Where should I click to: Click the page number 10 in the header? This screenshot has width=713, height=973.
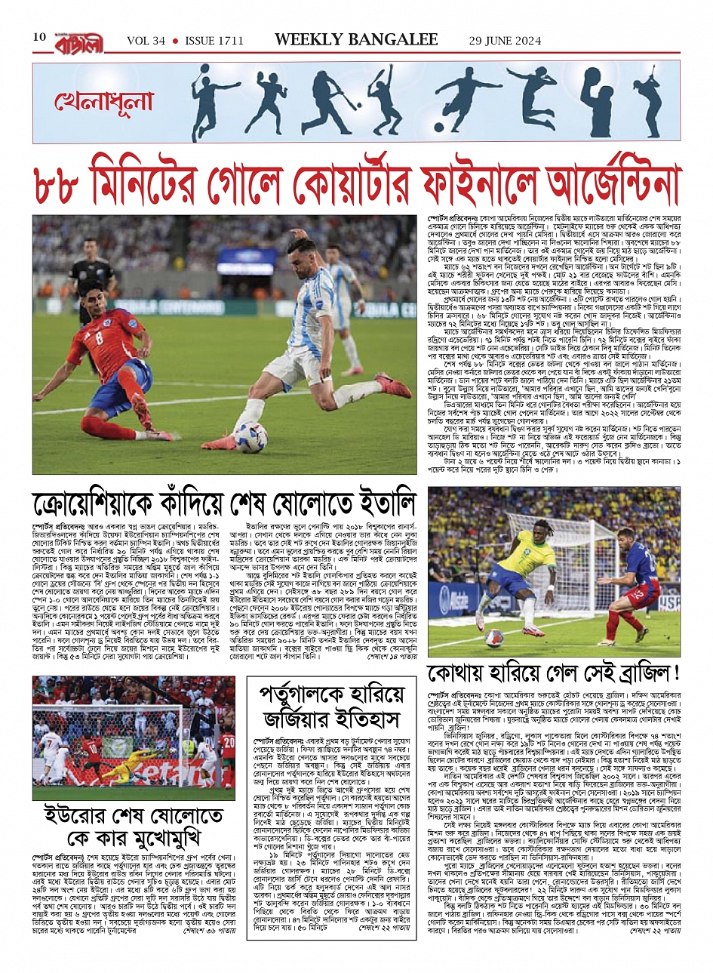39,37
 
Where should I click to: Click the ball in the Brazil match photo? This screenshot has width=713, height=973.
494,638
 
